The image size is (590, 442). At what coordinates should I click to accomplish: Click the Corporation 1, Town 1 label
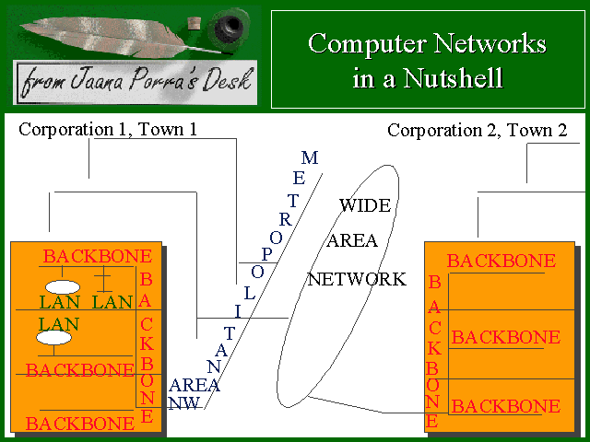108,129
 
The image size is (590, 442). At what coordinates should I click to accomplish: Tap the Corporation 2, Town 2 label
477,130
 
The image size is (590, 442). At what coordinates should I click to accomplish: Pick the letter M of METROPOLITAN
310,158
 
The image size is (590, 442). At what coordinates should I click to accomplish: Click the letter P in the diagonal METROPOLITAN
267,253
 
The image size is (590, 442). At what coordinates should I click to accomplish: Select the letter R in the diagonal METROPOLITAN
286,219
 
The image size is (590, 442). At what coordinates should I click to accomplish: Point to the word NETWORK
357,279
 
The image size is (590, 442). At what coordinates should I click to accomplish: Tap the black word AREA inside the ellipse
353,241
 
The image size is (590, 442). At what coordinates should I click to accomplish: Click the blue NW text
184,402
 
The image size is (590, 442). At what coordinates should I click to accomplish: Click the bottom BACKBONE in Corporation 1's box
80,424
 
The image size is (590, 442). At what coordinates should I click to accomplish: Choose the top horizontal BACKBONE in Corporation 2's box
501,262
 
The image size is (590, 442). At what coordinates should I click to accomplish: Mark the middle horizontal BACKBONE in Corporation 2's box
505,337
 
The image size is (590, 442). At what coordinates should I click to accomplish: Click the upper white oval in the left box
62,286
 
